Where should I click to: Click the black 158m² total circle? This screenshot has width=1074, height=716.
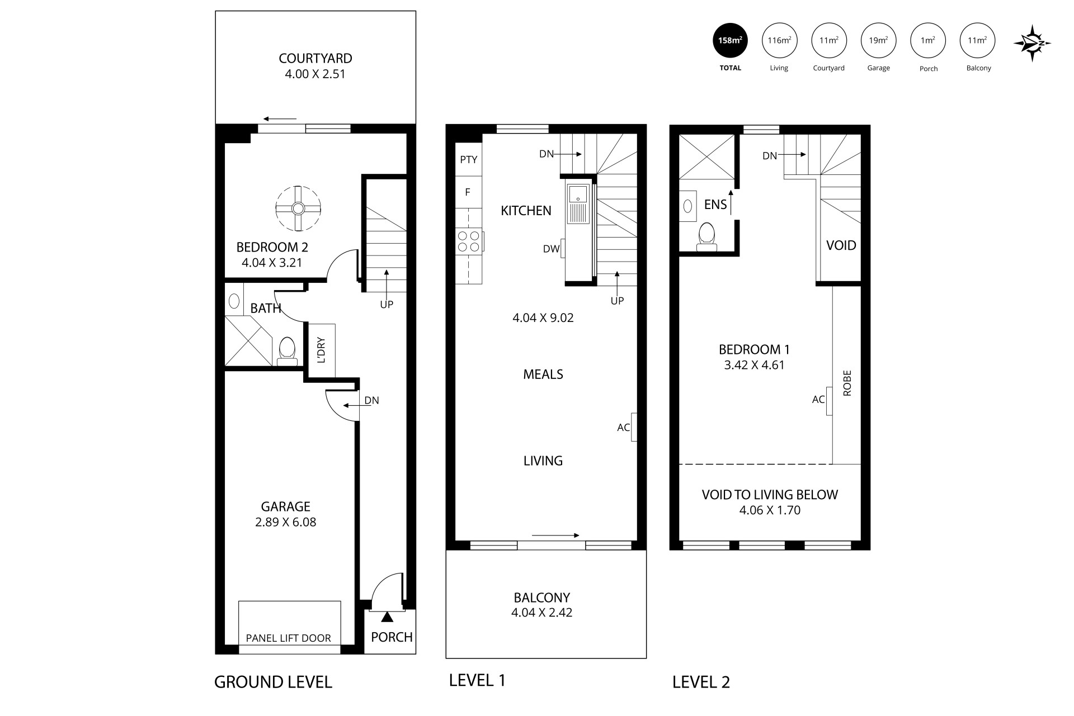click(x=730, y=40)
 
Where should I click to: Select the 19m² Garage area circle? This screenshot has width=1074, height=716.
click(x=878, y=40)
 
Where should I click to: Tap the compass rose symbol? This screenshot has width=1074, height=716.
click(x=1033, y=43)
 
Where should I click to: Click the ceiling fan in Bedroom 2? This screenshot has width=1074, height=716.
click(x=298, y=208)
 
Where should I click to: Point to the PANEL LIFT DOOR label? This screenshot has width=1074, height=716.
click(x=288, y=638)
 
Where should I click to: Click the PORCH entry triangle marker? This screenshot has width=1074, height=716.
click(x=387, y=617)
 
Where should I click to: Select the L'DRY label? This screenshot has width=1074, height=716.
click(x=321, y=350)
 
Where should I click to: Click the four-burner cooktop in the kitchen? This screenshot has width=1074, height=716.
click(x=469, y=241)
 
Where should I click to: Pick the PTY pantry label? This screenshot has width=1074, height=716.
click(x=469, y=159)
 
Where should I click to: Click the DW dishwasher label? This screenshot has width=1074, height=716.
click(x=551, y=249)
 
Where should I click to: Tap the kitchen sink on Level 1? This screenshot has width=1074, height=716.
click(x=576, y=194)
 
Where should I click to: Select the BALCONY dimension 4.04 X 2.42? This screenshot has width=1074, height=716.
click(x=541, y=613)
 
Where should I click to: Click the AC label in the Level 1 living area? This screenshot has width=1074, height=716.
click(x=623, y=428)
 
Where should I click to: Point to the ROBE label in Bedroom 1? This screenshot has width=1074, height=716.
click(x=847, y=383)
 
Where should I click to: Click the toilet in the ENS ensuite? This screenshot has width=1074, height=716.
click(x=707, y=236)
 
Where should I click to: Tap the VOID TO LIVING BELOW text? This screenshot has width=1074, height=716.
click(x=770, y=495)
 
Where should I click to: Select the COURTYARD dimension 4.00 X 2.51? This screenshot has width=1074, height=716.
click(x=315, y=74)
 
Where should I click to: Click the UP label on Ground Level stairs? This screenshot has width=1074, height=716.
click(x=387, y=305)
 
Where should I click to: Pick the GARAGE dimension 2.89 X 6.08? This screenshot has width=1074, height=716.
click(x=285, y=522)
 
